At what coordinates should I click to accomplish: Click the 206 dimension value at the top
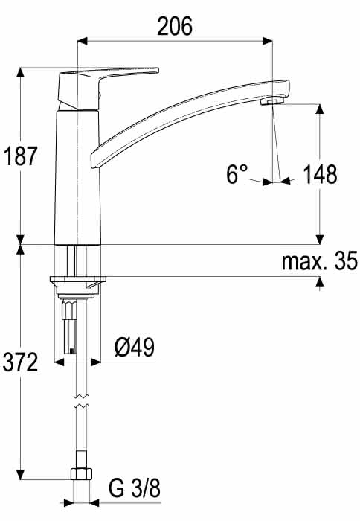click(175, 26)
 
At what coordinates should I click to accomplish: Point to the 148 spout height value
click(320, 174)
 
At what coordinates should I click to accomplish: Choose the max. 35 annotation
click(320, 260)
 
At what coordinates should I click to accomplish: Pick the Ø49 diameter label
click(135, 348)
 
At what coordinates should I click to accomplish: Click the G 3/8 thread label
click(135, 488)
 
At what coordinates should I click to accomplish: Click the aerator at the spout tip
click(272, 100)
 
